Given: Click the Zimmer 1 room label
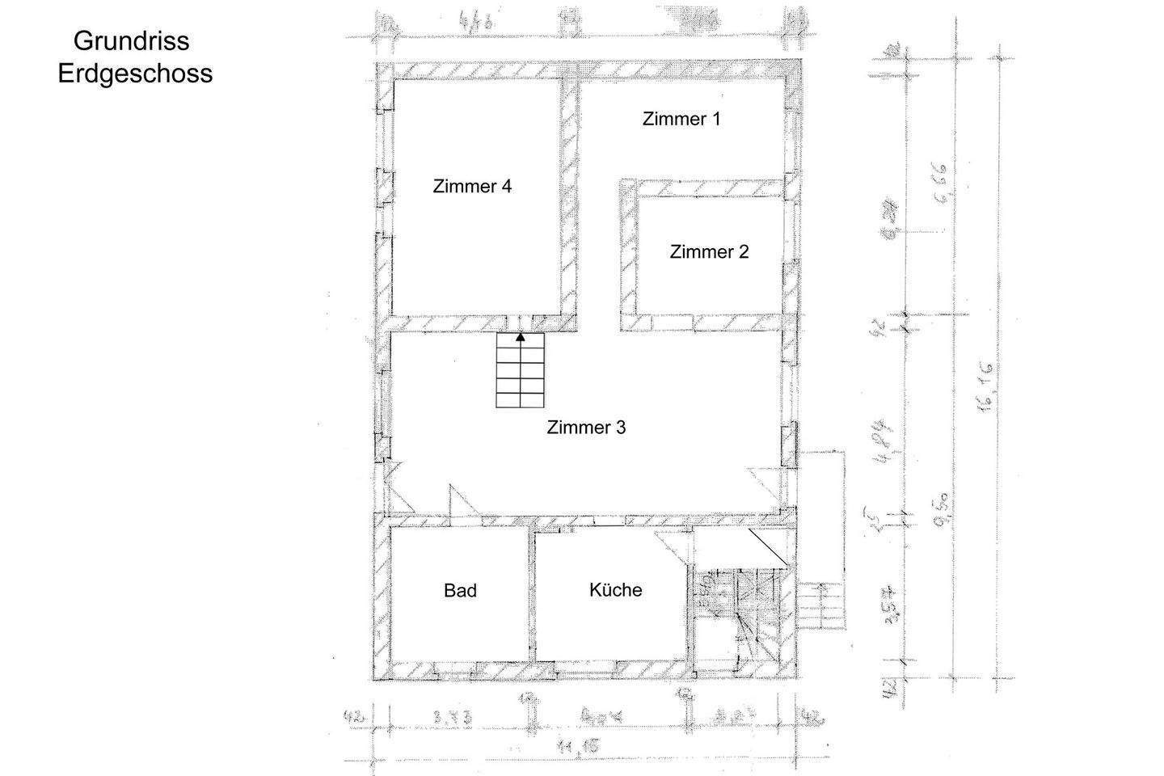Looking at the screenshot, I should (681, 119).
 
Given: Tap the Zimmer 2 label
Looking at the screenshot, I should (709, 251).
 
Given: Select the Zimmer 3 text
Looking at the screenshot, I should (586, 428).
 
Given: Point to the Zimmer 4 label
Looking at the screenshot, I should (472, 186).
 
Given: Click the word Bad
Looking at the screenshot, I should (460, 591).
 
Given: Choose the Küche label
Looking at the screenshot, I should (615, 589).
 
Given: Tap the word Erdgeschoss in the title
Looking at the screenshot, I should (135, 74).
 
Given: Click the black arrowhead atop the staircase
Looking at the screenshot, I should (520, 337).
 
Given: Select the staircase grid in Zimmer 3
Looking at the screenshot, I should (520, 373).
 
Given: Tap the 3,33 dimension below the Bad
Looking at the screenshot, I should (453, 716).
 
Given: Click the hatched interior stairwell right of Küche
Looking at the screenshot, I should (740, 614).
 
